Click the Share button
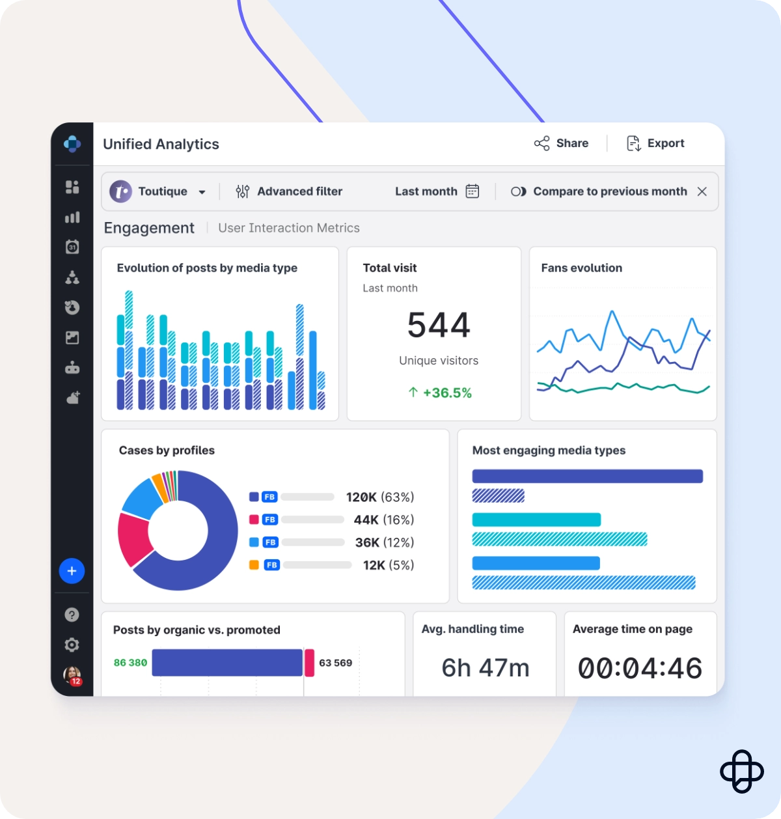[x=561, y=143]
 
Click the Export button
[x=655, y=143]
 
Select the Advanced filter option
[x=289, y=191]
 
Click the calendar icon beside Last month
[x=473, y=191]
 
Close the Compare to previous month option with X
[x=702, y=191]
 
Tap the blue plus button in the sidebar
[x=72, y=571]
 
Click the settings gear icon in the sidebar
[x=72, y=645]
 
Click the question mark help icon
[x=72, y=615]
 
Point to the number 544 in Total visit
[x=438, y=325]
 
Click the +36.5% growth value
[x=440, y=393]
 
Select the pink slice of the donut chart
[x=133, y=538]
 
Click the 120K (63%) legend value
[x=379, y=497]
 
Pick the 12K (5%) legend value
[x=388, y=565]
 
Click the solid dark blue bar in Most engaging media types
[x=587, y=477]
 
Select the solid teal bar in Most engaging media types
[x=536, y=520]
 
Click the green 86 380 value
[x=130, y=663]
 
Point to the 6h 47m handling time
[x=485, y=668]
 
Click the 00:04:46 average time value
[x=640, y=669]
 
